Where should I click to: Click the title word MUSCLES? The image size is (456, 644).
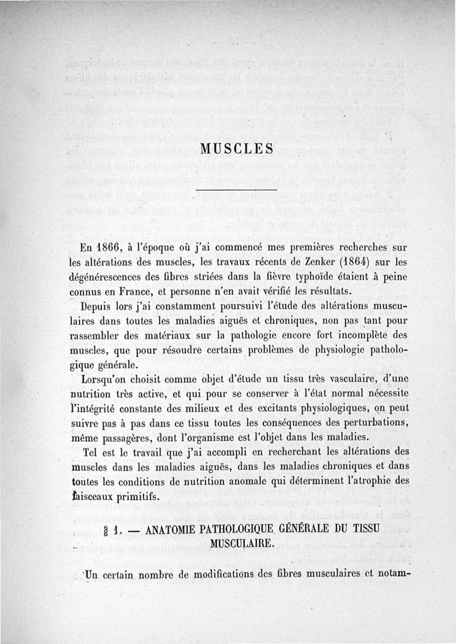click(x=238, y=149)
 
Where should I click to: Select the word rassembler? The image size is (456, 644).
click(x=104, y=335)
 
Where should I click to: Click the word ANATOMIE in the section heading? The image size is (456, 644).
click(x=173, y=529)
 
